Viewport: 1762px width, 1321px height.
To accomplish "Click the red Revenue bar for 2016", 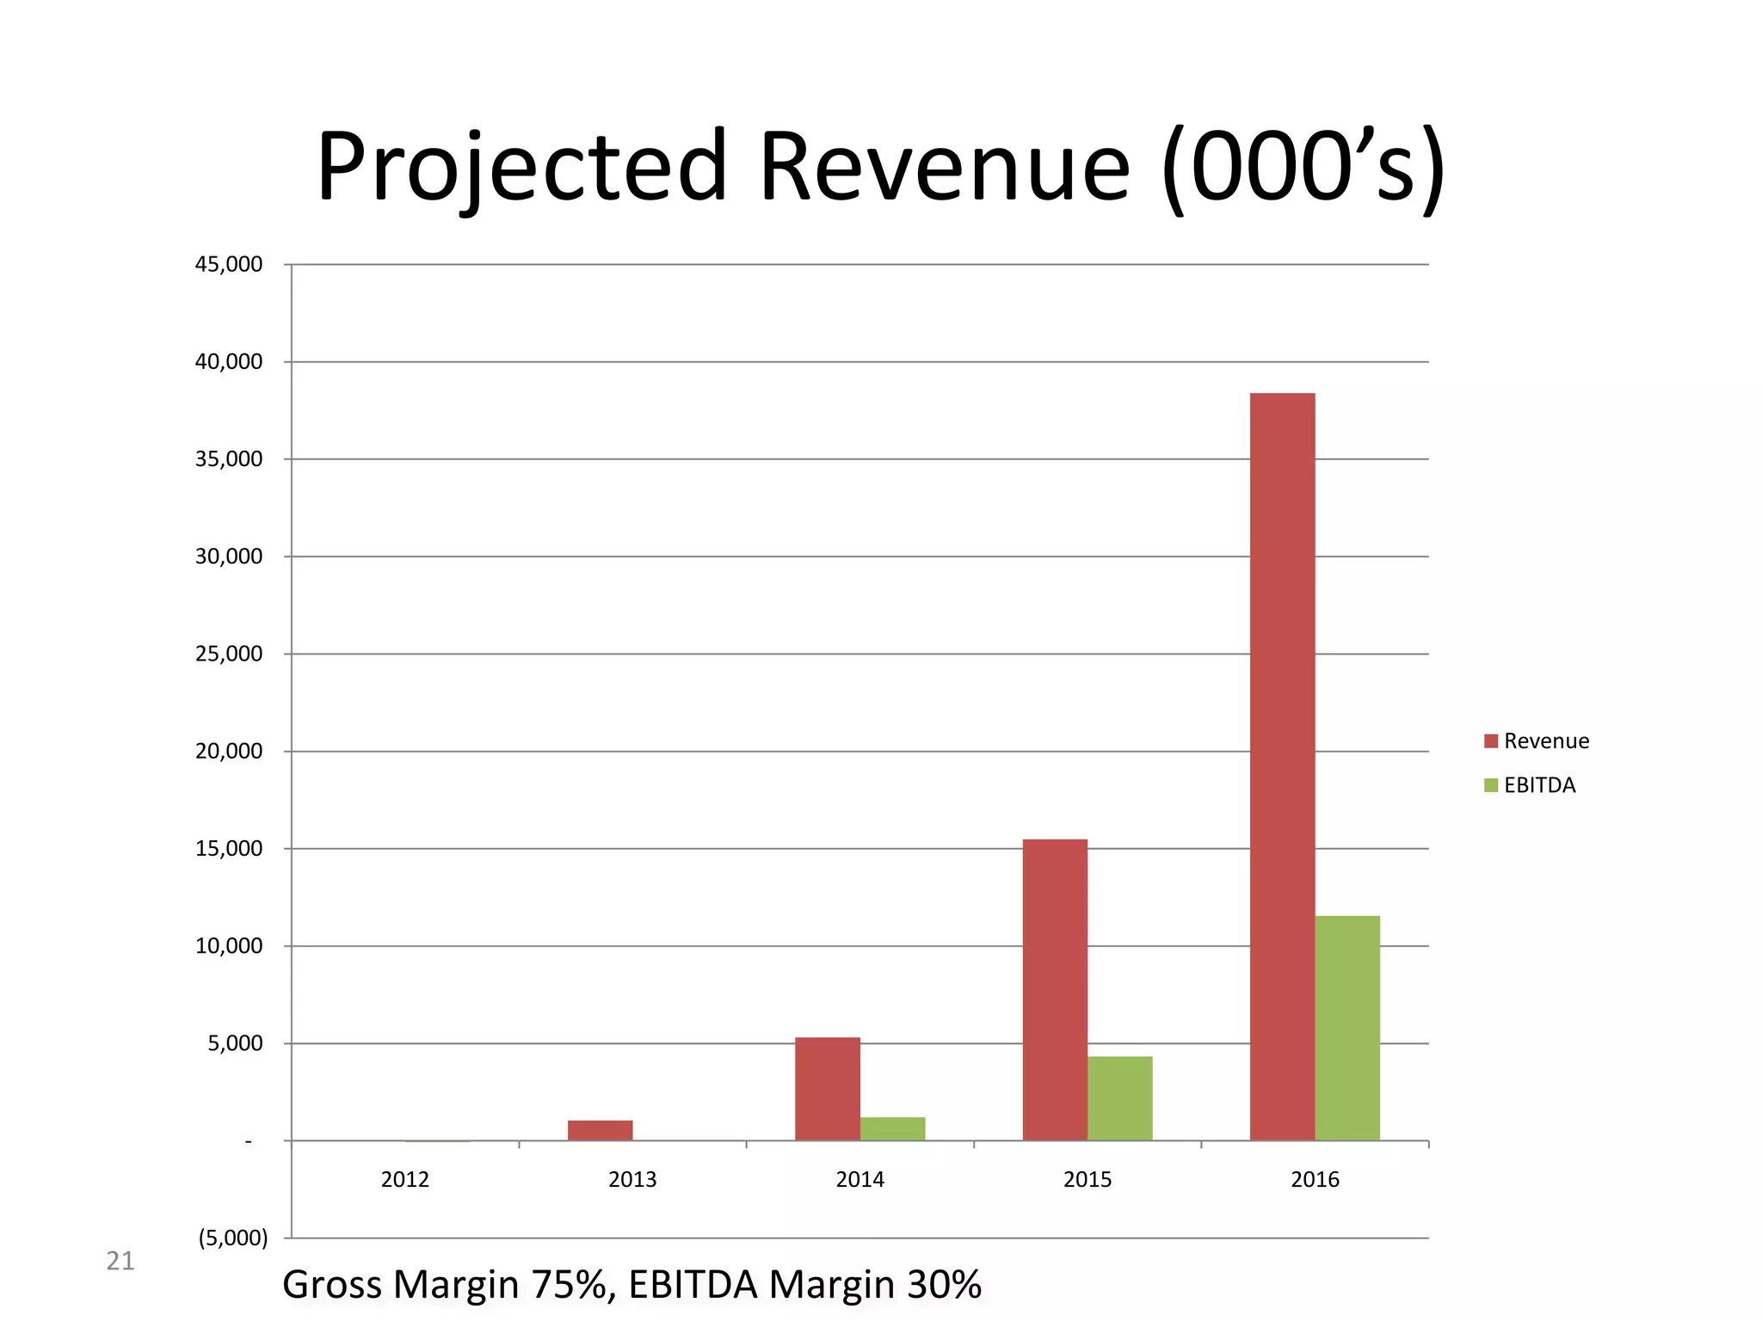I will click(1282, 765).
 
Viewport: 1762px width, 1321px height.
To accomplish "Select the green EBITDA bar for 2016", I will click(1347, 1028).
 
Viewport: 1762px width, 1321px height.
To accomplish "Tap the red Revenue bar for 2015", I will click(1055, 989).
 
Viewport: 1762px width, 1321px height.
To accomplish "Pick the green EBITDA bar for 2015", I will click(1119, 1098).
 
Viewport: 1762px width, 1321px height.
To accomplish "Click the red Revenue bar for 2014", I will click(827, 1089).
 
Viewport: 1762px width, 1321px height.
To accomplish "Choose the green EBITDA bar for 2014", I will click(892, 1129).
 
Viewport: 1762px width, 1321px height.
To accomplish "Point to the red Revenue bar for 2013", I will click(600, 1130).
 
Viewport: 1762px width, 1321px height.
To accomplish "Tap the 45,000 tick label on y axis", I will click(229, 265).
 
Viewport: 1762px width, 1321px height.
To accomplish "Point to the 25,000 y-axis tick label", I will click(229, 654).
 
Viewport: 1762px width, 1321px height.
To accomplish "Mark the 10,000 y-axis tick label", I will click(229, 946).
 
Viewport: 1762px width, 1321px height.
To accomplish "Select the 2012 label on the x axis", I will click(404, 1179).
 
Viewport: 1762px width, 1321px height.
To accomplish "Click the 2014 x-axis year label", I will click(859, 1179).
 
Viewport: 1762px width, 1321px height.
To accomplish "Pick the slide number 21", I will click(120, 1261).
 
